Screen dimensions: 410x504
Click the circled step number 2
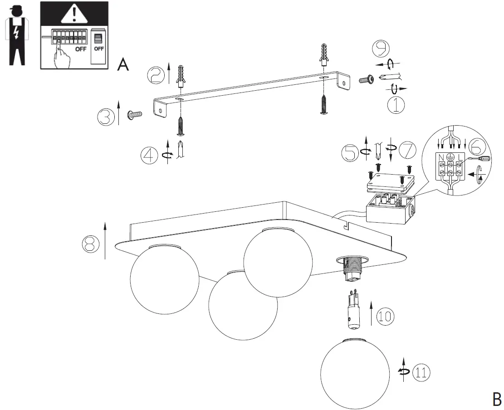156,74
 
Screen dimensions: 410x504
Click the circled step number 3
107,117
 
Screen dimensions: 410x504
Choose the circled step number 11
421,372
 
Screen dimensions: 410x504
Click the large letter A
123,65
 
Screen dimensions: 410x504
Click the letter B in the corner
497,399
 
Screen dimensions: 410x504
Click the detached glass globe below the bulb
355,373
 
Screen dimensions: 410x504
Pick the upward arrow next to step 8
105,240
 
